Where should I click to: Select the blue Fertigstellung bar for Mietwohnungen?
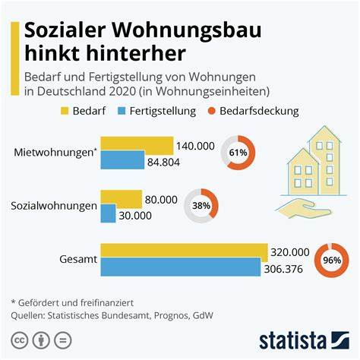click(x=122, y=159)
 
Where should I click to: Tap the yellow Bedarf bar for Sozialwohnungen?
click(x=121, y=199)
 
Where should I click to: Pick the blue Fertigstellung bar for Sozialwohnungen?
click(x=108, y=213)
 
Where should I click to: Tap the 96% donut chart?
click(x=331, y=260)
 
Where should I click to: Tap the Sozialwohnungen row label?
click(x=53, y=206)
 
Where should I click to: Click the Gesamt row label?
click(x=77, y=259)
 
